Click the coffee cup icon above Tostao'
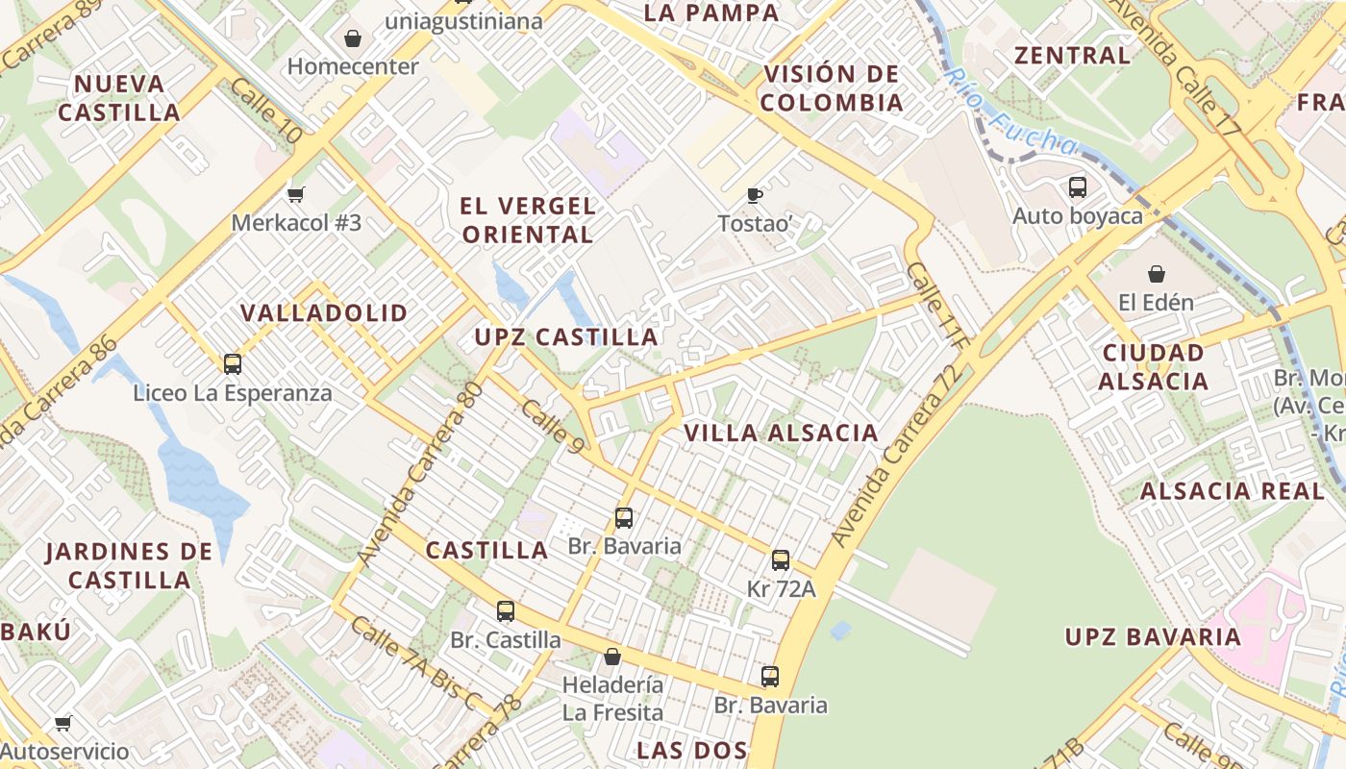click(x=755, y=195)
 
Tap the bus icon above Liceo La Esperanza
click(x=232, y=364)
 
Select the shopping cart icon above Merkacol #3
click(x=296, y=194)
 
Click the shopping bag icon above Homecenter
click(x=353, y=38)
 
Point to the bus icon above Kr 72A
click(x=781, y=560)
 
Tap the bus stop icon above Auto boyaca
click(x=1078, y=187)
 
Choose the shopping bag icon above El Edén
click(x=1156, y=274)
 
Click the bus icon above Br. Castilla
click(x=506, y=611)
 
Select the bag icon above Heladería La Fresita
click(x=612, y=657)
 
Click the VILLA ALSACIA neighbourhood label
click(x=781, y=434)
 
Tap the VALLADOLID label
click(x=324, y=313)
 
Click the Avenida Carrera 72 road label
click(x=896, y=457)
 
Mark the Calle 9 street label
click(x=552, y=426)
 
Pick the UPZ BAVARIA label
click(x=1153, y=637)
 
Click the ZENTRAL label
click(x=1073, y=56)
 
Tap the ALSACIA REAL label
click(x=1232, y=491)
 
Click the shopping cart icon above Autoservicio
click(x=63, y=723)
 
